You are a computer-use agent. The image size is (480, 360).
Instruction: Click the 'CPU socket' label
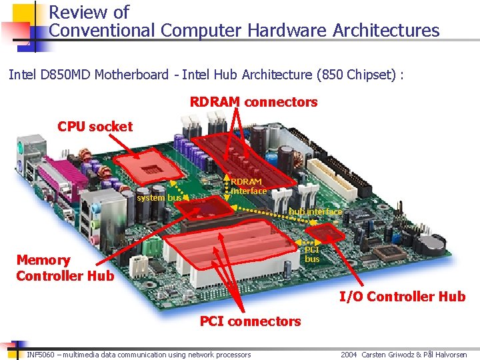click(95, 126)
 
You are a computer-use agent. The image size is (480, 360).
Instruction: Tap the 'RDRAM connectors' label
click(253, 102)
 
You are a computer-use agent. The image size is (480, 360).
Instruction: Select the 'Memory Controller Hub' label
click(65, 268)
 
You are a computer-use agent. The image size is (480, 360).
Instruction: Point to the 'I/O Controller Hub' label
click(402, 297)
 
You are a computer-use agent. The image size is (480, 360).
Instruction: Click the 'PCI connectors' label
click(250, 321)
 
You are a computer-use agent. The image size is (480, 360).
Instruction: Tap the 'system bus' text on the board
click(159, 197)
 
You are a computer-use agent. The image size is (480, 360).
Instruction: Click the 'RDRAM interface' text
click(248, 186)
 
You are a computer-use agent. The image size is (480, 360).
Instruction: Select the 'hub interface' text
click(315, 211)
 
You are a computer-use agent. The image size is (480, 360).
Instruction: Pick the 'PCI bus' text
click(312, 254)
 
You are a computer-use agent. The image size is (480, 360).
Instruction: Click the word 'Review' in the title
click(74, 12)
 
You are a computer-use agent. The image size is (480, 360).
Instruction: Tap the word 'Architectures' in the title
click(386, 31)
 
